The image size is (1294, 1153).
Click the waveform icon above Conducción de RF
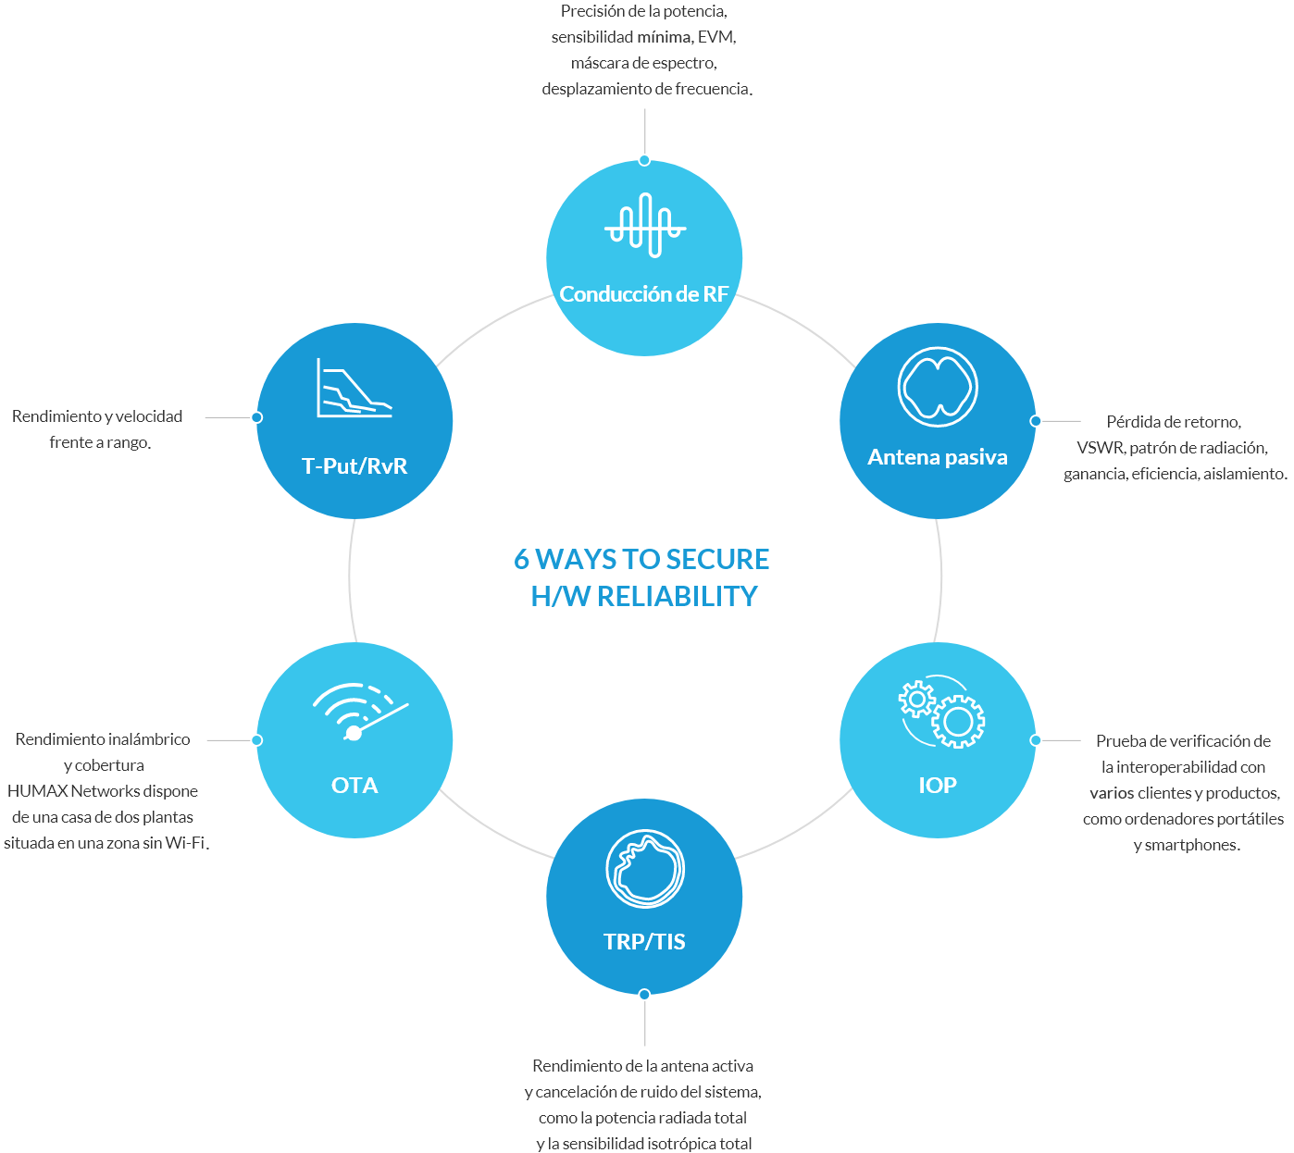(x=645, y=225)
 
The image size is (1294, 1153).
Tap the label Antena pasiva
(x=937, y=457)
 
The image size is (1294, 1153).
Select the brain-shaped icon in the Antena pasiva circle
(x=937, y=387)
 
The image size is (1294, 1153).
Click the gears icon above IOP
(x=940, y=711)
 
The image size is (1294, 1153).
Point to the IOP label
(x=937, y=785)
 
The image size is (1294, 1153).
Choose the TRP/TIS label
(x=644, y=942)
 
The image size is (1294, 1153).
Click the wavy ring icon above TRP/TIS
(x=645, y=868)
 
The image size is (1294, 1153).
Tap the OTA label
(x=355, y=785)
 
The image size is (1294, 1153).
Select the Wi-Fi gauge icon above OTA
(x=360, y=712)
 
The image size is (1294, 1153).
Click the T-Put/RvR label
(x=355, y=466)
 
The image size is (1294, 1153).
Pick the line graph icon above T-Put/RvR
(x=355, y=388)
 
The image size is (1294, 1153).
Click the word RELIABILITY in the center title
(x=677, y=596)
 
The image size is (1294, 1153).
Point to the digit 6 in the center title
(x=522, y=559)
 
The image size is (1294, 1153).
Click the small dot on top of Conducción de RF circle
(x=644, y=160)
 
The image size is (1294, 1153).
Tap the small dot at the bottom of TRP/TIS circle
(x=644, y=994)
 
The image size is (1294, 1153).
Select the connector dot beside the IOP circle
(x=1036, y=740)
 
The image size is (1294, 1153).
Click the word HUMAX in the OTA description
(x=37, y=791)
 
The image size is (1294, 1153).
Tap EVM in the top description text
(x=715, y=37)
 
